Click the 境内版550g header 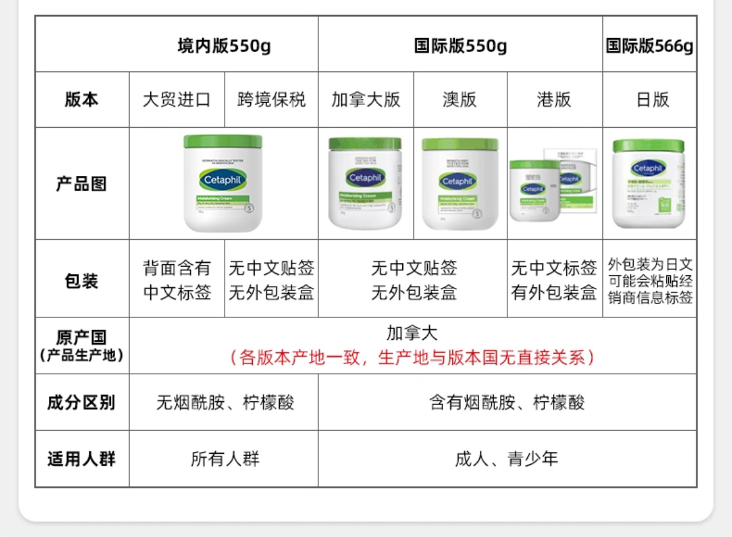pyautogui.click(x=224, y=46)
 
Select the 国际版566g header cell pyautogui.click(x=649, y=46)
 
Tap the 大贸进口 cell pyautogui.click(x=176, y=100)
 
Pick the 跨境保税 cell pyautogui.click(x=272, y=100)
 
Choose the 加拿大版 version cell pyautogui.click(x=366, y=100)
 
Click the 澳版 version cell pyautogui.click(x=460, y=100)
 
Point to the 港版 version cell pyautogui.click(x=554, y=100)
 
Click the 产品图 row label pyautogui.click(x=81, y=184)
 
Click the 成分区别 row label pyautogui.click(x=81, y=402)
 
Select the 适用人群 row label pyautogui.click(x=81, y=459)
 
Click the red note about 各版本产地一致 pyautogui.click(x=412, y=357)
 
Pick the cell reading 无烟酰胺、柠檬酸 pyautogui.click(x=225, y=402)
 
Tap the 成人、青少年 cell pyautogui.click(x=506, y=459)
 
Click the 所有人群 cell pyautogui.click(x=225, y=459)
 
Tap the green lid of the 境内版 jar pyautogui.click(x=223, y=141)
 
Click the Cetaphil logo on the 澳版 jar pyautogui.click(x=459, y=182)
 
